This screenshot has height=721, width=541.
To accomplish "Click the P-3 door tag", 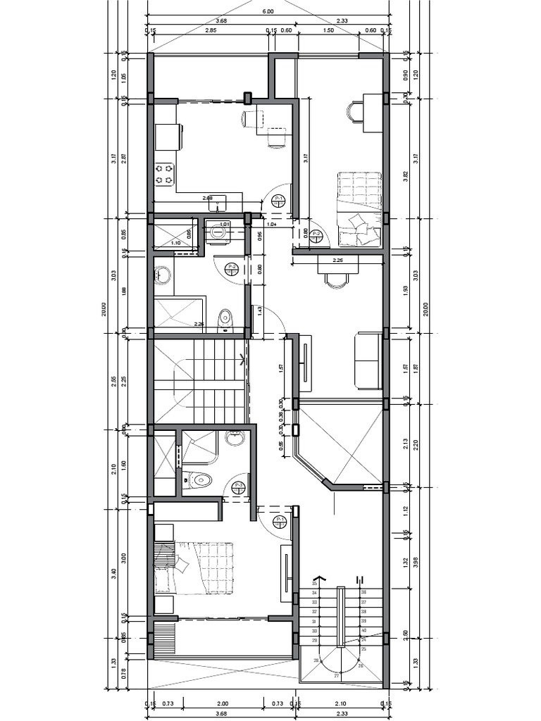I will coord(239,486).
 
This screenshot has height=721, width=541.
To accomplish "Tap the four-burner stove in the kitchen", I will coord(164,174).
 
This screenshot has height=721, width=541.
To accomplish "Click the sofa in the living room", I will coord(368,360).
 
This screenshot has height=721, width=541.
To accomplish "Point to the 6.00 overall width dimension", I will coord(268,11).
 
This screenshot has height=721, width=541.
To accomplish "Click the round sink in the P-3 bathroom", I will coord(235,438).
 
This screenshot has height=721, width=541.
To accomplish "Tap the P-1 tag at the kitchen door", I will coord(279,200).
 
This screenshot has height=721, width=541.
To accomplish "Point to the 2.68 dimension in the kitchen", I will coord(208,198).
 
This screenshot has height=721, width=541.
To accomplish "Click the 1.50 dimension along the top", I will coord(328,31).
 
